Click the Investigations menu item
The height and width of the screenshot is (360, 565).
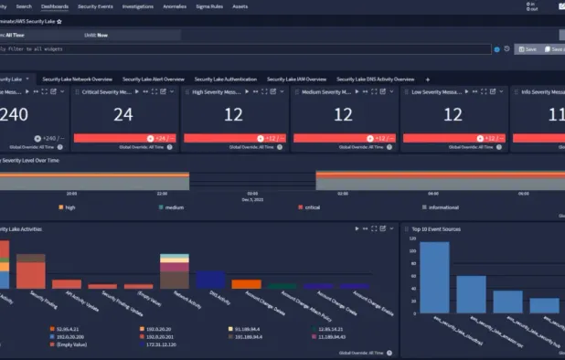[138, 6]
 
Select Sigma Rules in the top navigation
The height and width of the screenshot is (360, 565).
[210, 6]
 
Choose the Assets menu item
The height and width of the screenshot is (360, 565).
[240, 6]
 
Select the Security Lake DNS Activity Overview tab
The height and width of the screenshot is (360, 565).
[377, 79]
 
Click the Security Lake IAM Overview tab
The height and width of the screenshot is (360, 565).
[296, 79]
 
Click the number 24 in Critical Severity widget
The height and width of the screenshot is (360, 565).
[123, 114]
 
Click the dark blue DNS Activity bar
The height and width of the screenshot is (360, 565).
[210, 280]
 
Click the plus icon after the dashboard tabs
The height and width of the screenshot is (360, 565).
[428, 79]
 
